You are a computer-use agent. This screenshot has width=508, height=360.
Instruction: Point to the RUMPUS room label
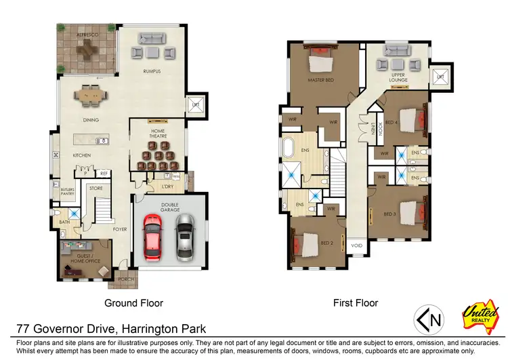pyautogui.click(x=152, y=71)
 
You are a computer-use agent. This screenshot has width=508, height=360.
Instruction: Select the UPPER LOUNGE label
pyautogui.click(x=398, y=77)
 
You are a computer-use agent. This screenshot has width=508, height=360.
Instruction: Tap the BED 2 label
pyautogui.click(x=326, y=243)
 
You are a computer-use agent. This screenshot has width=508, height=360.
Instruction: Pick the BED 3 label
pyautogui.click(x=389, y=214)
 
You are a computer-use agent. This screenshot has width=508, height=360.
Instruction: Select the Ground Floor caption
pyautogui.click(x=133, y=303)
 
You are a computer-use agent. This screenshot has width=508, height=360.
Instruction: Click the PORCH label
pyautogui.click(x=126, y=279)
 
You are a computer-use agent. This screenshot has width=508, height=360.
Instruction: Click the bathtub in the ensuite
pyautogui.click(x=289, y=146)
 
